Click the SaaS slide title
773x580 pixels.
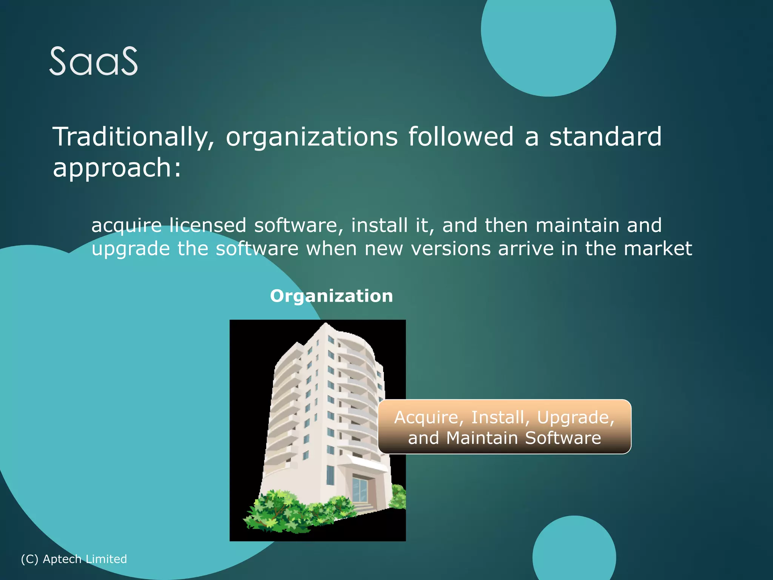[94, 61]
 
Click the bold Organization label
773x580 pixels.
[331, 296]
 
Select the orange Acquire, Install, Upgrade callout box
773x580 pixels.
[504, 427]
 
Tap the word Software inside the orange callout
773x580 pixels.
[563, 438]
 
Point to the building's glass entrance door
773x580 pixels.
[360, 489]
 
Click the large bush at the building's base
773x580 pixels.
[279, 512]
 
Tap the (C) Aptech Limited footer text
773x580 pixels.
[74, 559]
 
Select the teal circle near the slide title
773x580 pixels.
[548, 38]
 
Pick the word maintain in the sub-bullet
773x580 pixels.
[577, 225]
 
